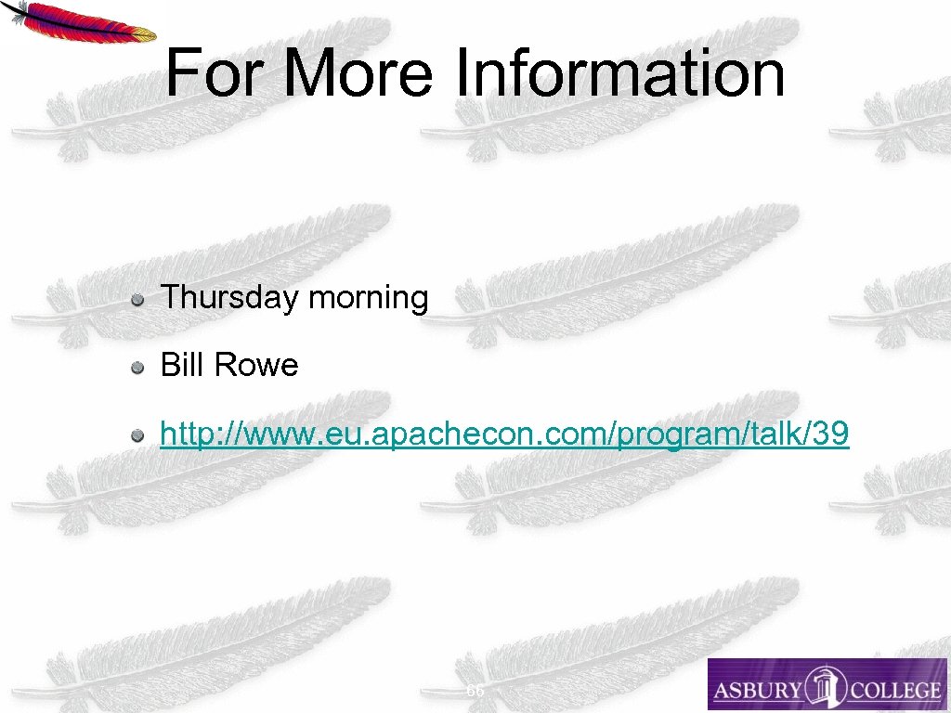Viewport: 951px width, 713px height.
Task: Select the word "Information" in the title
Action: [619, 73]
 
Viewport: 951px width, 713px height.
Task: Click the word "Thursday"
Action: [229, 298]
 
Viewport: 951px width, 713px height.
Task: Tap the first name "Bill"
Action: [182, 365]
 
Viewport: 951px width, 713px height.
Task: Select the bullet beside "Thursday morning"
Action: [137, 300]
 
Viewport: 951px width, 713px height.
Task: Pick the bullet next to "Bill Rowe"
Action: [137, 368]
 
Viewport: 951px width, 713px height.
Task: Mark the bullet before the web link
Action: [137, 435]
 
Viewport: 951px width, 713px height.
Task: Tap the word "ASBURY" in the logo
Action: [757, 690]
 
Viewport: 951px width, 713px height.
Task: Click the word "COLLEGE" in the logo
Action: [895, 690]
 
